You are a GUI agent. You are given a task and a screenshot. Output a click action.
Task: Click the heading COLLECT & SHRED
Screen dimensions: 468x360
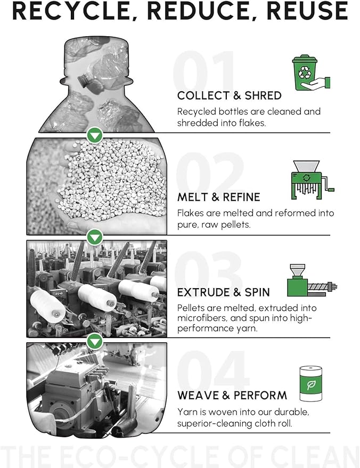(229, 96)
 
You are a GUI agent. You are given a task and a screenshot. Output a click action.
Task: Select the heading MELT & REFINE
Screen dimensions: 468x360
(218, 198)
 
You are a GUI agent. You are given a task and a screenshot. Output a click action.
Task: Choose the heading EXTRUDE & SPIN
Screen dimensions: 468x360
(223, 292)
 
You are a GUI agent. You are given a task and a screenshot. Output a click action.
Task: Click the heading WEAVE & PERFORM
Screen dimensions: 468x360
(232, 396)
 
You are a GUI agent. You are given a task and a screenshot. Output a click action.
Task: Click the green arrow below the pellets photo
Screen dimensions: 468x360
(95, 236)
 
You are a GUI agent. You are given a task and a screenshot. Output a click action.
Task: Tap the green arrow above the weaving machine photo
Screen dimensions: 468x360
(95, 339)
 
